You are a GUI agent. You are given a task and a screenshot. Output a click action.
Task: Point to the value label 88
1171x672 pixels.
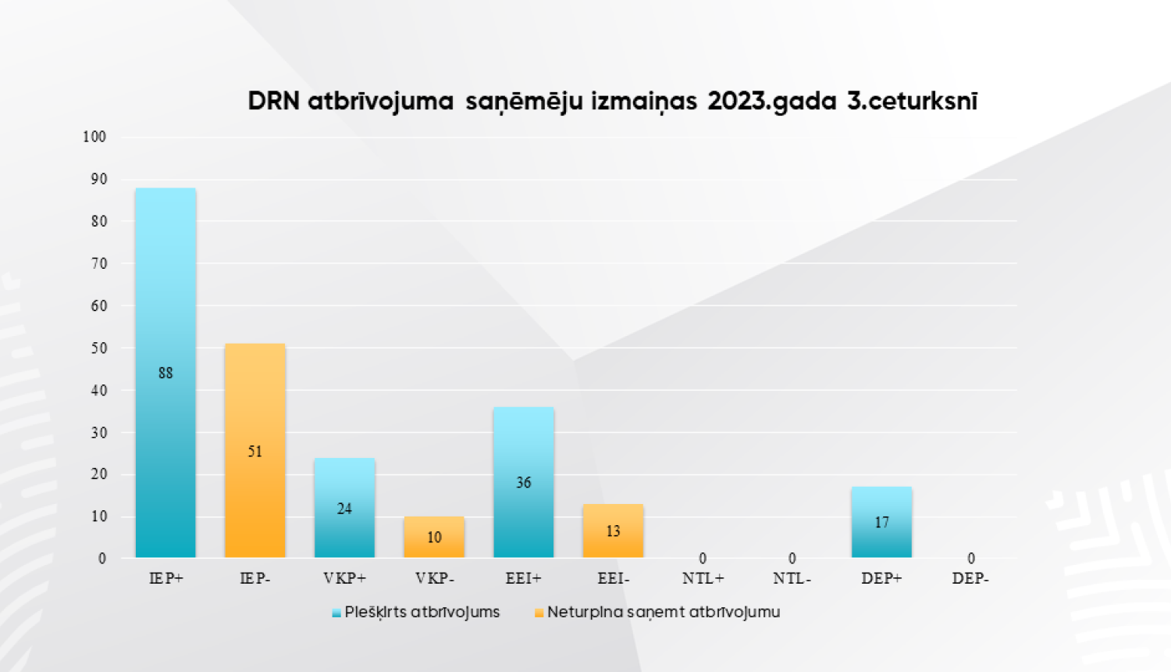166,374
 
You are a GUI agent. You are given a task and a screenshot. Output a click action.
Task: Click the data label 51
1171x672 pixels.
255,452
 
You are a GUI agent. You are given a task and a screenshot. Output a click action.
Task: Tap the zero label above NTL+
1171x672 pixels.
703,559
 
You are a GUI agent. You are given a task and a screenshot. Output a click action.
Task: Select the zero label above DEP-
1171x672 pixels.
971,559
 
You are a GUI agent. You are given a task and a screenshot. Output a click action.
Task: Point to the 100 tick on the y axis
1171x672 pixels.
94,137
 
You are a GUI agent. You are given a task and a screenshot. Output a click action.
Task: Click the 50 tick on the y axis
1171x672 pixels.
99,348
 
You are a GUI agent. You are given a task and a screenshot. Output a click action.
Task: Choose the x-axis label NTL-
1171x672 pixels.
792,579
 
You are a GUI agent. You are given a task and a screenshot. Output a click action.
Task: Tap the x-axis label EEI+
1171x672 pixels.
523,579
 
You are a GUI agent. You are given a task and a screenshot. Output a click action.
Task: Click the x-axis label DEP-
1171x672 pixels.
970,579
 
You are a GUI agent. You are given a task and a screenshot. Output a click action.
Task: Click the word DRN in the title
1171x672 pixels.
273,102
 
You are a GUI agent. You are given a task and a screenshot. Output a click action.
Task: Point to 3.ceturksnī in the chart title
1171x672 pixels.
912,102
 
